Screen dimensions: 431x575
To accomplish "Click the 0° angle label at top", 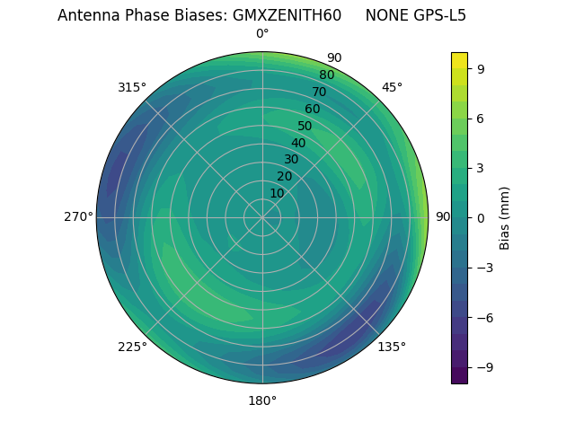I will [262, 34].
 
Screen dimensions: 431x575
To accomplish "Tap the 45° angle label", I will [392, 87].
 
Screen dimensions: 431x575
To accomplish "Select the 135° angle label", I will [392, 347].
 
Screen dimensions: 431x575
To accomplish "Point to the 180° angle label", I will [262, 400].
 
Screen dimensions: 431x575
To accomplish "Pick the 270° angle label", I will [78, 216].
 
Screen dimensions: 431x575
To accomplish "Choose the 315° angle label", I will [132, 87].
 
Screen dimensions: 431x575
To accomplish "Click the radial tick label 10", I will [277, 193].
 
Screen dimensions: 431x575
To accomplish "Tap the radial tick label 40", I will [298, 143].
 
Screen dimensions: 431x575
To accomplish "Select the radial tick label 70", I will [319, 92].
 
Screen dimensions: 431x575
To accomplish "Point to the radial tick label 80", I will [326, 75].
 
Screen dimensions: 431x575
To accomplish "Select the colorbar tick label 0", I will [482, 217].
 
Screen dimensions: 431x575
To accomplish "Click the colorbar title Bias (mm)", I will [505, 217].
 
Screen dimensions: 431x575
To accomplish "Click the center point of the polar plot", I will [262, 217].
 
